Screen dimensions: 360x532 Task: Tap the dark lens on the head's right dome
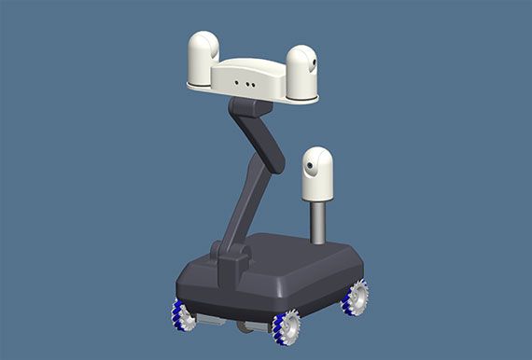pos(314,64)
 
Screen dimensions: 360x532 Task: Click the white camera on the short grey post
pos(317,173)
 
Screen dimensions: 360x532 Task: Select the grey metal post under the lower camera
pos(317,222)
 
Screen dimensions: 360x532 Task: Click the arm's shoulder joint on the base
pos(231,261)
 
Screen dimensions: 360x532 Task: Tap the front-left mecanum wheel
pos(182,315)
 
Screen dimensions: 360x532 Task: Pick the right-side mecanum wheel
pos(355,298)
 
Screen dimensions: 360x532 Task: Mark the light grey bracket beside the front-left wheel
pos(209,320)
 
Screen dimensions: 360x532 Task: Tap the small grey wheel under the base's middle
pos(245,326)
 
